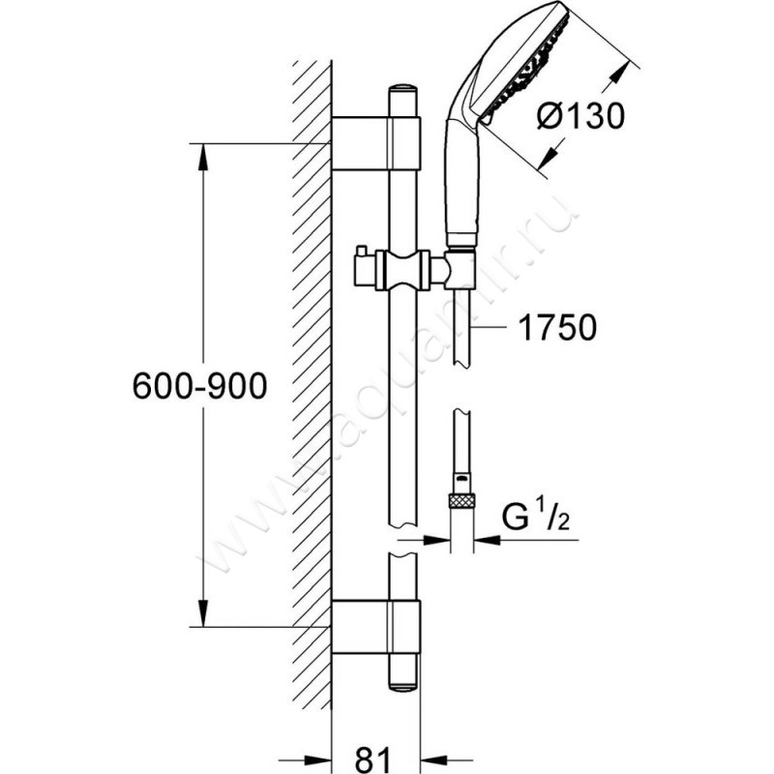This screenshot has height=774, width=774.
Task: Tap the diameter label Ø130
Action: tap(578, 117)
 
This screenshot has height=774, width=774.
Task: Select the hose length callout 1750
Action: tap(555, 328)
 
